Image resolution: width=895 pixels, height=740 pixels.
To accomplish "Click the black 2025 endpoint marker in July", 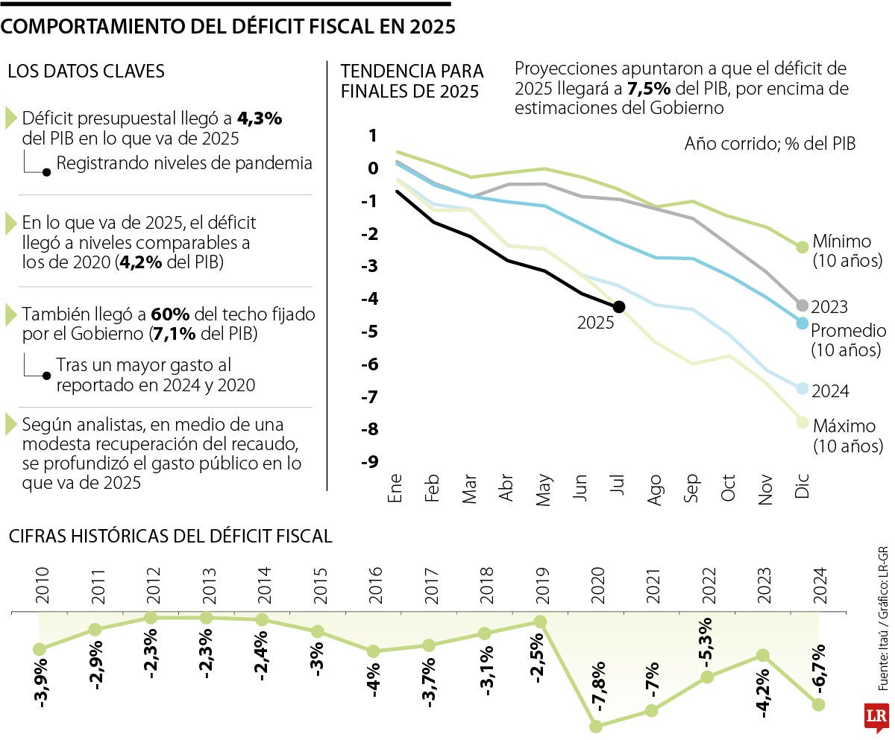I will click(x=618, y=306).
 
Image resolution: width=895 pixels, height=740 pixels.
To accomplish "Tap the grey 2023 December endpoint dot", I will click(x=803, y=306).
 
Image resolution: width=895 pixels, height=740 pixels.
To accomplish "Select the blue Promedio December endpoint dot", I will click(x=803, y=323).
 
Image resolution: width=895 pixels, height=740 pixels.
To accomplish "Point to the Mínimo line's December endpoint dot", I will click(x=803, y=247).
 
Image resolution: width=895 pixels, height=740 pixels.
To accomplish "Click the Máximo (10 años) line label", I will click(x=848, y=436).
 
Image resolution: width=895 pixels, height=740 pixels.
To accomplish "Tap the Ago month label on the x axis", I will click(x=655, y=490).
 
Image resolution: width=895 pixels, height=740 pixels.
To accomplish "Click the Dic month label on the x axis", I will click(x=803, y=489).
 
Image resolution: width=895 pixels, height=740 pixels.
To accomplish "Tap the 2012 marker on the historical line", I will click(x=151, y=618).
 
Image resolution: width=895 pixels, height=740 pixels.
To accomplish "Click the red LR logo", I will click(x=876, y=717).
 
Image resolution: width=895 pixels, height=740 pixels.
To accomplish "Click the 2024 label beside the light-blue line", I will click(x=830, y=392).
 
